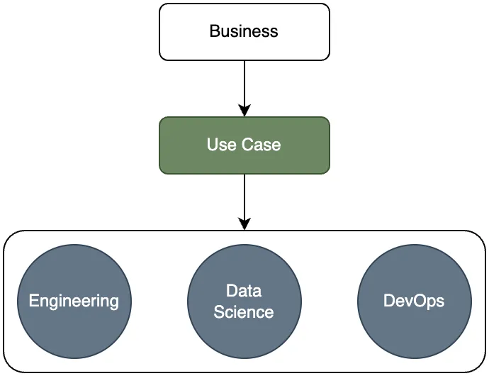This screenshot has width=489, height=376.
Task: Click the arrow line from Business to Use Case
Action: [244, 82]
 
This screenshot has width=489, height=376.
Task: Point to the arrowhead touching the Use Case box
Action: [244, 111]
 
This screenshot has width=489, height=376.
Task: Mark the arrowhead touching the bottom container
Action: [244, 224]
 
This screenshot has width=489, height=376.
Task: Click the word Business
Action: [244, 31]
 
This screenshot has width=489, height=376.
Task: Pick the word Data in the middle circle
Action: [244, 291]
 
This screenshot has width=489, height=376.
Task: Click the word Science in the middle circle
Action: [244, 311]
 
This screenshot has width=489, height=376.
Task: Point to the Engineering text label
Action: [74, 301]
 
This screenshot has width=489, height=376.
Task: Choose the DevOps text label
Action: [414, 301]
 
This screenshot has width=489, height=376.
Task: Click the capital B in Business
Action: [214, 31]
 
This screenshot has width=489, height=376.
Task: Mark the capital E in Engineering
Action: [33, 301]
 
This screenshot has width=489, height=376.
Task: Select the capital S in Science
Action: [218, 311]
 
